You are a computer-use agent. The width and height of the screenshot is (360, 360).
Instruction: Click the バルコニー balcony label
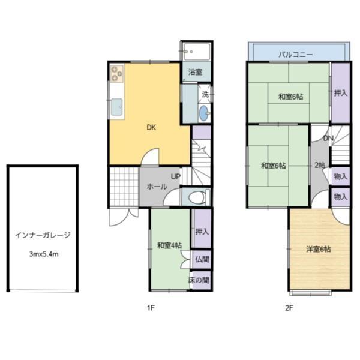[x=296, y=55]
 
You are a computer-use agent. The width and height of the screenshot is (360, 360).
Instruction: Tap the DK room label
[x=151, y=127]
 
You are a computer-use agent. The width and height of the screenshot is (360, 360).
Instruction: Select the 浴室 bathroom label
[x=195, y=72]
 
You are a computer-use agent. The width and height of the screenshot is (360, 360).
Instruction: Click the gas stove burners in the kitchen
[x=116, y=74]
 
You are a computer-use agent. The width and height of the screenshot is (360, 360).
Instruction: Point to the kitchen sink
[x=116, y=108]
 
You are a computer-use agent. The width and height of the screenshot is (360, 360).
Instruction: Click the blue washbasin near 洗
[x=204, y=112]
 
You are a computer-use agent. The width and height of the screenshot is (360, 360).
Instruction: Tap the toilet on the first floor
[x=197, y=197]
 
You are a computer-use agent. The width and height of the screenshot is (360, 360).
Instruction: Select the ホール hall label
[x=157, y=187]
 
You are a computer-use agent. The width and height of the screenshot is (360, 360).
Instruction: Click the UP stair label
[x=175, y=176]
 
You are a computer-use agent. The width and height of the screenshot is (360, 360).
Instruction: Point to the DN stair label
[x=328, y=139]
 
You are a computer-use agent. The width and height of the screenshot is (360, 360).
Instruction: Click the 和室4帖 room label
[x=170, y=245]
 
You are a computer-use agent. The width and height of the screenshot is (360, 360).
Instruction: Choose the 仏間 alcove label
[x=202, y=259]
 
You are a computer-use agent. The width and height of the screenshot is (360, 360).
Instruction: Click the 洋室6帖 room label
[x=318, y=250]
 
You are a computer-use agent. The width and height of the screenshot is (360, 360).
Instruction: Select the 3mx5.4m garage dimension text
[x=43, y=254]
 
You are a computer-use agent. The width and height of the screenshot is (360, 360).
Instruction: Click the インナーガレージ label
[x=43, y=235]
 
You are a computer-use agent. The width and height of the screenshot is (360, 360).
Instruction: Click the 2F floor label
[x=289, y=308]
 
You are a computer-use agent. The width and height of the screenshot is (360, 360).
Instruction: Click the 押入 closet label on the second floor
[x=340, y=93]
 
